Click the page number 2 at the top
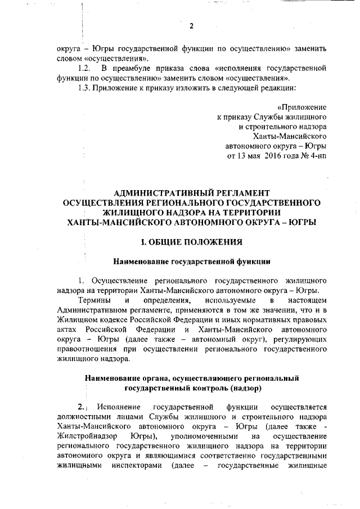191,26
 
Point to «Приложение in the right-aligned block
303,107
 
